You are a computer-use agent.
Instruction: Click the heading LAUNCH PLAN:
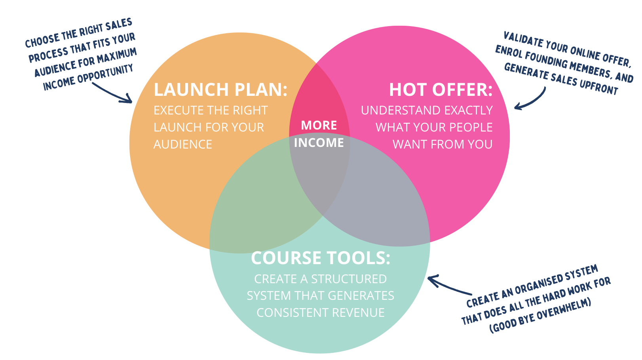tap(220, 90)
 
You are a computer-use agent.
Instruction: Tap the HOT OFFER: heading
tap(441, 90)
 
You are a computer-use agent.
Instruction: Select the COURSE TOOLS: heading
tap(321, 258)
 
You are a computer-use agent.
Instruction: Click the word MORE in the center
tap(319, 126)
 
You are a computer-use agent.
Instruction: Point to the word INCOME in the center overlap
tap(319, 143)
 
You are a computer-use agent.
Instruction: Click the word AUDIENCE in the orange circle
tap(183, 145)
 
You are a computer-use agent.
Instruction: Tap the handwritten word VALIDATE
tap(523, 41)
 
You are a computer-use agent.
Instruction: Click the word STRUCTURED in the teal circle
tap(349, 279)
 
